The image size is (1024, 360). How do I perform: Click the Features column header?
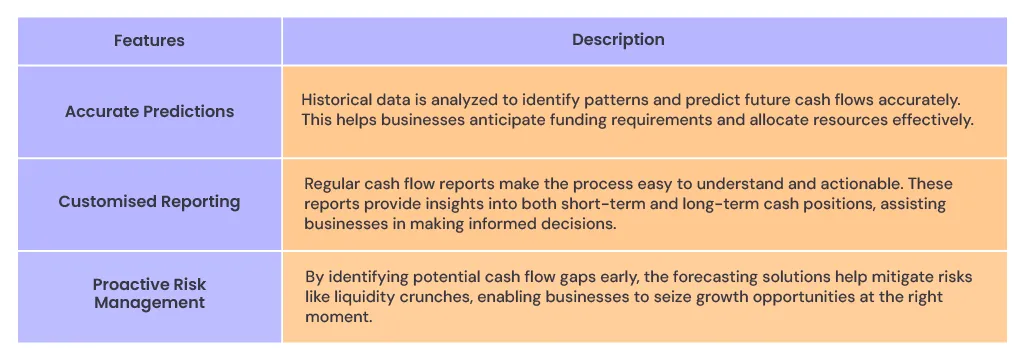(149, 41)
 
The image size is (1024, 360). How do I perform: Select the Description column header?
(618, 40)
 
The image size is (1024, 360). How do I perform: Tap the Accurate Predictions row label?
(149, 111)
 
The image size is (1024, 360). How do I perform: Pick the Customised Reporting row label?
(149, 201)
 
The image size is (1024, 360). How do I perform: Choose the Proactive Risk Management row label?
(149, 293)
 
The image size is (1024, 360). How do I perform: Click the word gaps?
(552, 277)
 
